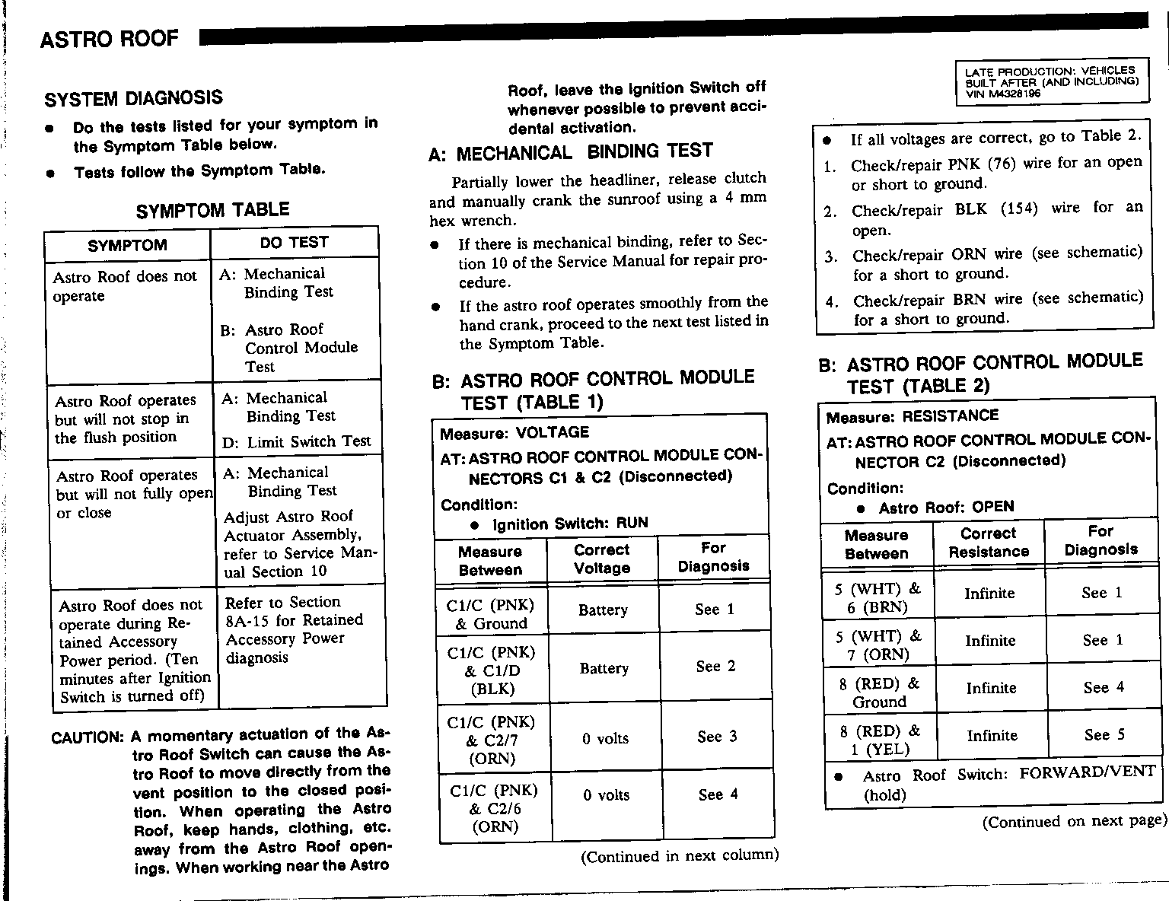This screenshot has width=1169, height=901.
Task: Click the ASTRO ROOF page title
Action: (110, 39)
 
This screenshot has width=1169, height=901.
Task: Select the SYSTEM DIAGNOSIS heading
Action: (134, 98)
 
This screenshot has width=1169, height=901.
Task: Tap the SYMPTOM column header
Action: (127, 246)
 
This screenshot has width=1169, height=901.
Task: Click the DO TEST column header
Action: (294, 243)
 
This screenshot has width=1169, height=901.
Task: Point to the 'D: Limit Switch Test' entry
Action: (297, 442)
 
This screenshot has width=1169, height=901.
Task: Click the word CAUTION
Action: (87, 737)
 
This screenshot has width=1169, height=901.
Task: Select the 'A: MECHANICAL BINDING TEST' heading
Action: (571, 153)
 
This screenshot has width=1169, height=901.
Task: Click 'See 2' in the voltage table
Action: (715, 667)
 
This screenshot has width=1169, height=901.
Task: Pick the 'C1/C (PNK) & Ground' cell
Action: (491, 614)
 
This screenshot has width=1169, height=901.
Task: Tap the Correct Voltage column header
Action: (602, 559)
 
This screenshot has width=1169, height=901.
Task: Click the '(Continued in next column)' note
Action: (680, 856)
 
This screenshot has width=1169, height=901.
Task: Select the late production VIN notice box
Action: (1051, 82)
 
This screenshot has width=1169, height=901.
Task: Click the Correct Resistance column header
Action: (989, 543)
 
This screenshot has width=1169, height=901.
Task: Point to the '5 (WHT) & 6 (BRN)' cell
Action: (878, 597)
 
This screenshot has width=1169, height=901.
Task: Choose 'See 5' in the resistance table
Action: (1104, 735)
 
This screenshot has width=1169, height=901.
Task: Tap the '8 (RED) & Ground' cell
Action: (879, 692)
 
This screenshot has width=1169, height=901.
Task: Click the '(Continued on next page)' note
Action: (1074, 822)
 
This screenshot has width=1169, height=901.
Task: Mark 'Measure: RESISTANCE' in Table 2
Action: (912, 416)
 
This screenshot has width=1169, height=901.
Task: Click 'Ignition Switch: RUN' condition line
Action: (570, 524)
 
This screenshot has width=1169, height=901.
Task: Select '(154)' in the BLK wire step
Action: (1018, 208)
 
